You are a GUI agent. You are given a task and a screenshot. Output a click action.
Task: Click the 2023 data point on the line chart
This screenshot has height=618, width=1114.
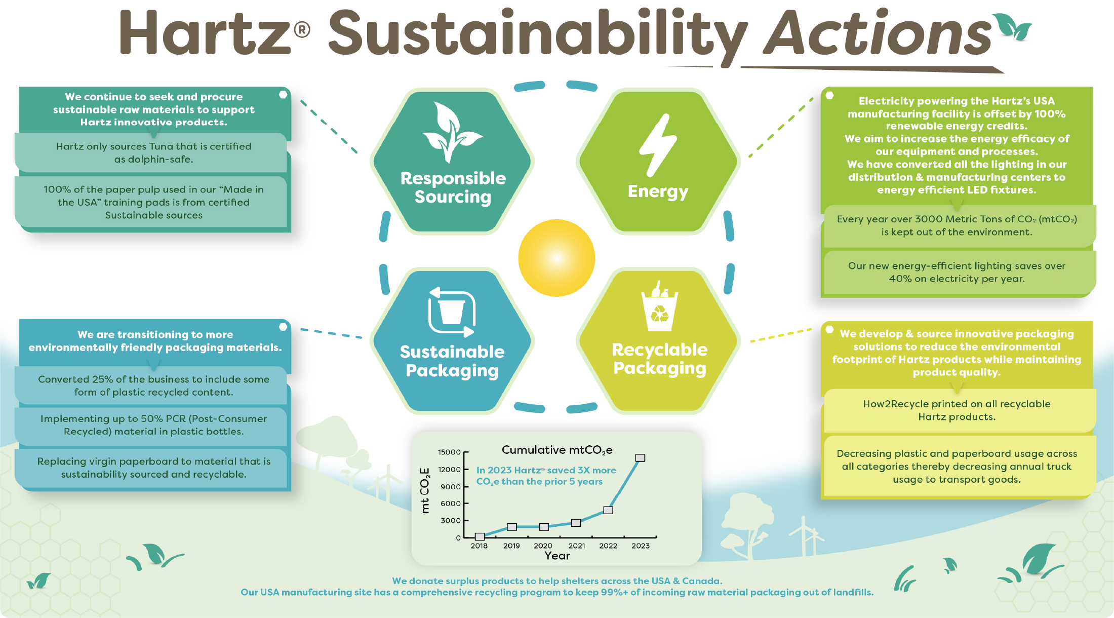pyautogui.click(x=640, y=457)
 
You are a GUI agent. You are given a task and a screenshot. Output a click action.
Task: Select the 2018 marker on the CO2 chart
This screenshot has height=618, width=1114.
pyautogui.click(x=480, y=536)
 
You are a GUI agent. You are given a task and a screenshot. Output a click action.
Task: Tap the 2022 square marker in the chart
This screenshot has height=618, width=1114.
pyautogui.click(x=608, y=510)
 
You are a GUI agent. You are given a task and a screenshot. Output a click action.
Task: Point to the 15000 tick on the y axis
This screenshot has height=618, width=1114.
pyautogui.click(x=449, y=452)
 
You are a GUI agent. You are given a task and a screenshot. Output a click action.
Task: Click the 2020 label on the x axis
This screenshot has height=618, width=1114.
pyautogui.click(x=543, y=546)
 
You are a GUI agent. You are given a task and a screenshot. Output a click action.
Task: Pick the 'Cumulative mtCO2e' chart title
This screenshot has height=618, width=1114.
pyautogui.click(x=557, y=450)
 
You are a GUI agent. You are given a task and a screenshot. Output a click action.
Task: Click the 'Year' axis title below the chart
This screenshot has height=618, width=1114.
pyautogui.click(x=557, y=556)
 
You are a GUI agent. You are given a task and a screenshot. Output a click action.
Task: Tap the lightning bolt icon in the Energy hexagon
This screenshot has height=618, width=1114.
pyautogui.click(x=658, y=144)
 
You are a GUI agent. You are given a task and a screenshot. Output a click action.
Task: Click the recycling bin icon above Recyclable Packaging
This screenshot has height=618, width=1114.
pyautogui.click(x=659, y=306)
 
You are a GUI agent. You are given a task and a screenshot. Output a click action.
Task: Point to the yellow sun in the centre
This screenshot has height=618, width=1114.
pyautogui.click(x=556, y=258)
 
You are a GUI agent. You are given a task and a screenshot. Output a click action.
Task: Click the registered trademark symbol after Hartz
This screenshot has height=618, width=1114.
pyautogui.click(x=302, y=30)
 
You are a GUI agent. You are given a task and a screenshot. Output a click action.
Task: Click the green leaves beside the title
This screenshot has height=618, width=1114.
pyautogui.click(x=1012, y=26)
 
